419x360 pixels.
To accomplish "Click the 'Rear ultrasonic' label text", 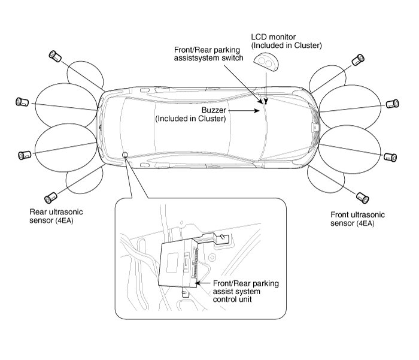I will tap(56, 211).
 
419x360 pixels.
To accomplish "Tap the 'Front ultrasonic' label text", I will tap(357, 214).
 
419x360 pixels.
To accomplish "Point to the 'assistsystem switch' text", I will tap(208, 58).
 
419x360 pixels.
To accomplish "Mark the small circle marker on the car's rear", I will tap(125, 155).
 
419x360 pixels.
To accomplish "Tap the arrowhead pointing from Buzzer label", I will tap(259, 110).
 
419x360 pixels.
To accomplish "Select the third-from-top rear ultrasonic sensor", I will tap(25, 155).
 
